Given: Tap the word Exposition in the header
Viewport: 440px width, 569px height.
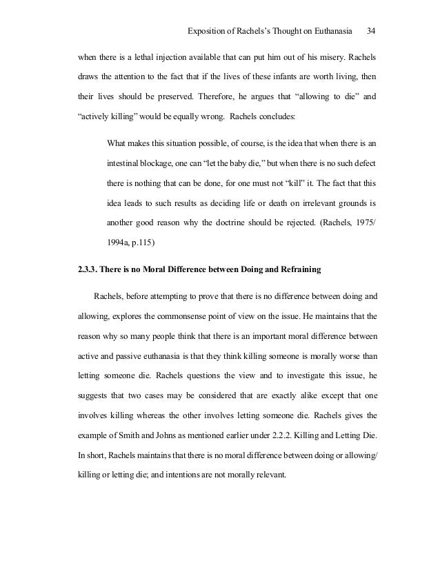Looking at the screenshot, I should (208, 32).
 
